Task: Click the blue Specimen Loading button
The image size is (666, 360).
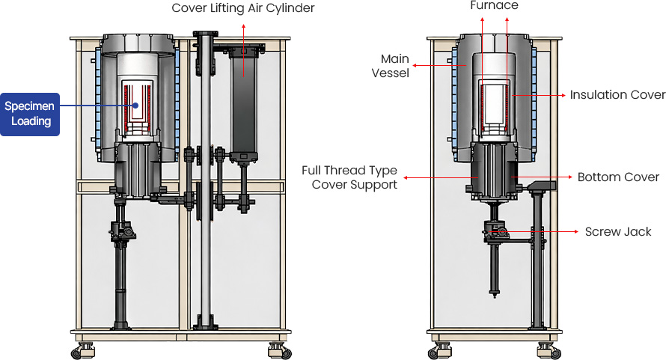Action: point(30,114)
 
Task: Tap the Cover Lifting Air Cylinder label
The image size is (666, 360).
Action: point(242,8)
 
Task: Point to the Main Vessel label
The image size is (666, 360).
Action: point(394,66)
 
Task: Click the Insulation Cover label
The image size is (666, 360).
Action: point(617,95)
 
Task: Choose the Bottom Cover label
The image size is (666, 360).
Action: point(618,177)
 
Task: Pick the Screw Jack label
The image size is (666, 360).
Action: point(618,232)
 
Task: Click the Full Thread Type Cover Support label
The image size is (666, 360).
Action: point(349,177)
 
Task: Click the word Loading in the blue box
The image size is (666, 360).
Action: point(31,121)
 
